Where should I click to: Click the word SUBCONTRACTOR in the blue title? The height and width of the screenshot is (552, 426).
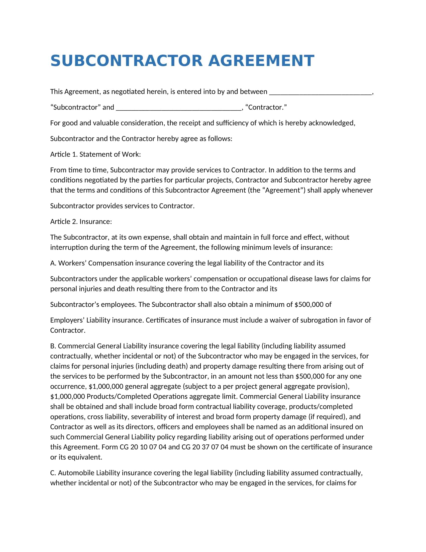pos(126,61)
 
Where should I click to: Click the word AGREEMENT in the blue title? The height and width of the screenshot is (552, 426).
pos(261,61)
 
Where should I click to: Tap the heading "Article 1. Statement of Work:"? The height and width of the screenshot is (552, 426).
pos(95,154)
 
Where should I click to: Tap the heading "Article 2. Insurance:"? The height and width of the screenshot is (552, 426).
pos(81,221)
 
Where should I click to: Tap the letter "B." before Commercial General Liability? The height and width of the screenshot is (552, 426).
pos(53,346)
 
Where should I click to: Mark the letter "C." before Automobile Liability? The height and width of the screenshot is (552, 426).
pos(53,473)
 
